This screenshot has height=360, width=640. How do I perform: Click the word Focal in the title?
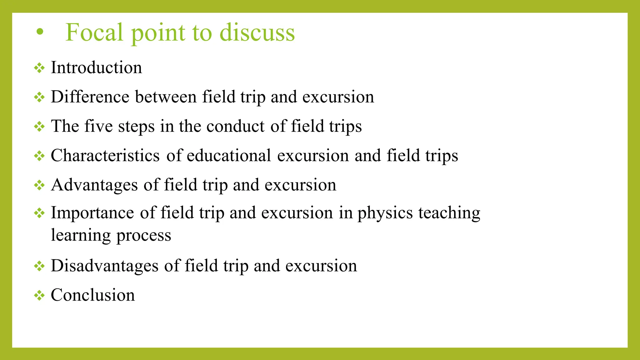click(94, 32)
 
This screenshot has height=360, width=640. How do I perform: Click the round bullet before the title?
click(40, 31)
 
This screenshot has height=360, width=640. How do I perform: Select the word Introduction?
click(96, 67)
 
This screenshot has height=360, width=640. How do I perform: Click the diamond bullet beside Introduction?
click(39, 68)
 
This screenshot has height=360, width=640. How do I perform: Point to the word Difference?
click(90, 97)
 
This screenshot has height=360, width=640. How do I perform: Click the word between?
click(166, 97)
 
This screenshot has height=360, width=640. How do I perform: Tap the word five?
click(98, 126)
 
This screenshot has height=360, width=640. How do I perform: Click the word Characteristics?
click(105, 155)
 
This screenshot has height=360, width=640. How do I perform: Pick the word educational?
click(229, 155)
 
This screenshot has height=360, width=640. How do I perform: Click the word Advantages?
click(94, 185)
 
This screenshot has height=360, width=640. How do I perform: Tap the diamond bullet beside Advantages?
click(39, 185)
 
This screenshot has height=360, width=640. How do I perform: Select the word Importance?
click(92, 213)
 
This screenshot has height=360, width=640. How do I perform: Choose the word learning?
click(81, 235)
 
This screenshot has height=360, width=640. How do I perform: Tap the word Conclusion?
click(93, 295)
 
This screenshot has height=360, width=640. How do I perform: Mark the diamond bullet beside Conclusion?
click(39, 295)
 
